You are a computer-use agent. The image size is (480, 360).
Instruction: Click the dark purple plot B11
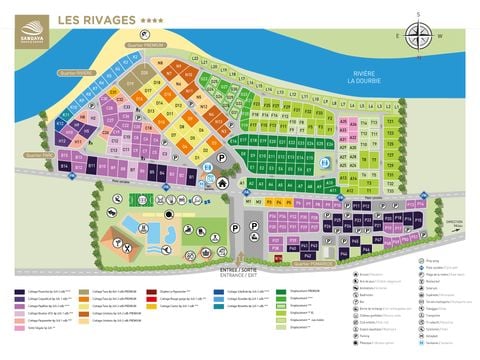click(x=91, y=164)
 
